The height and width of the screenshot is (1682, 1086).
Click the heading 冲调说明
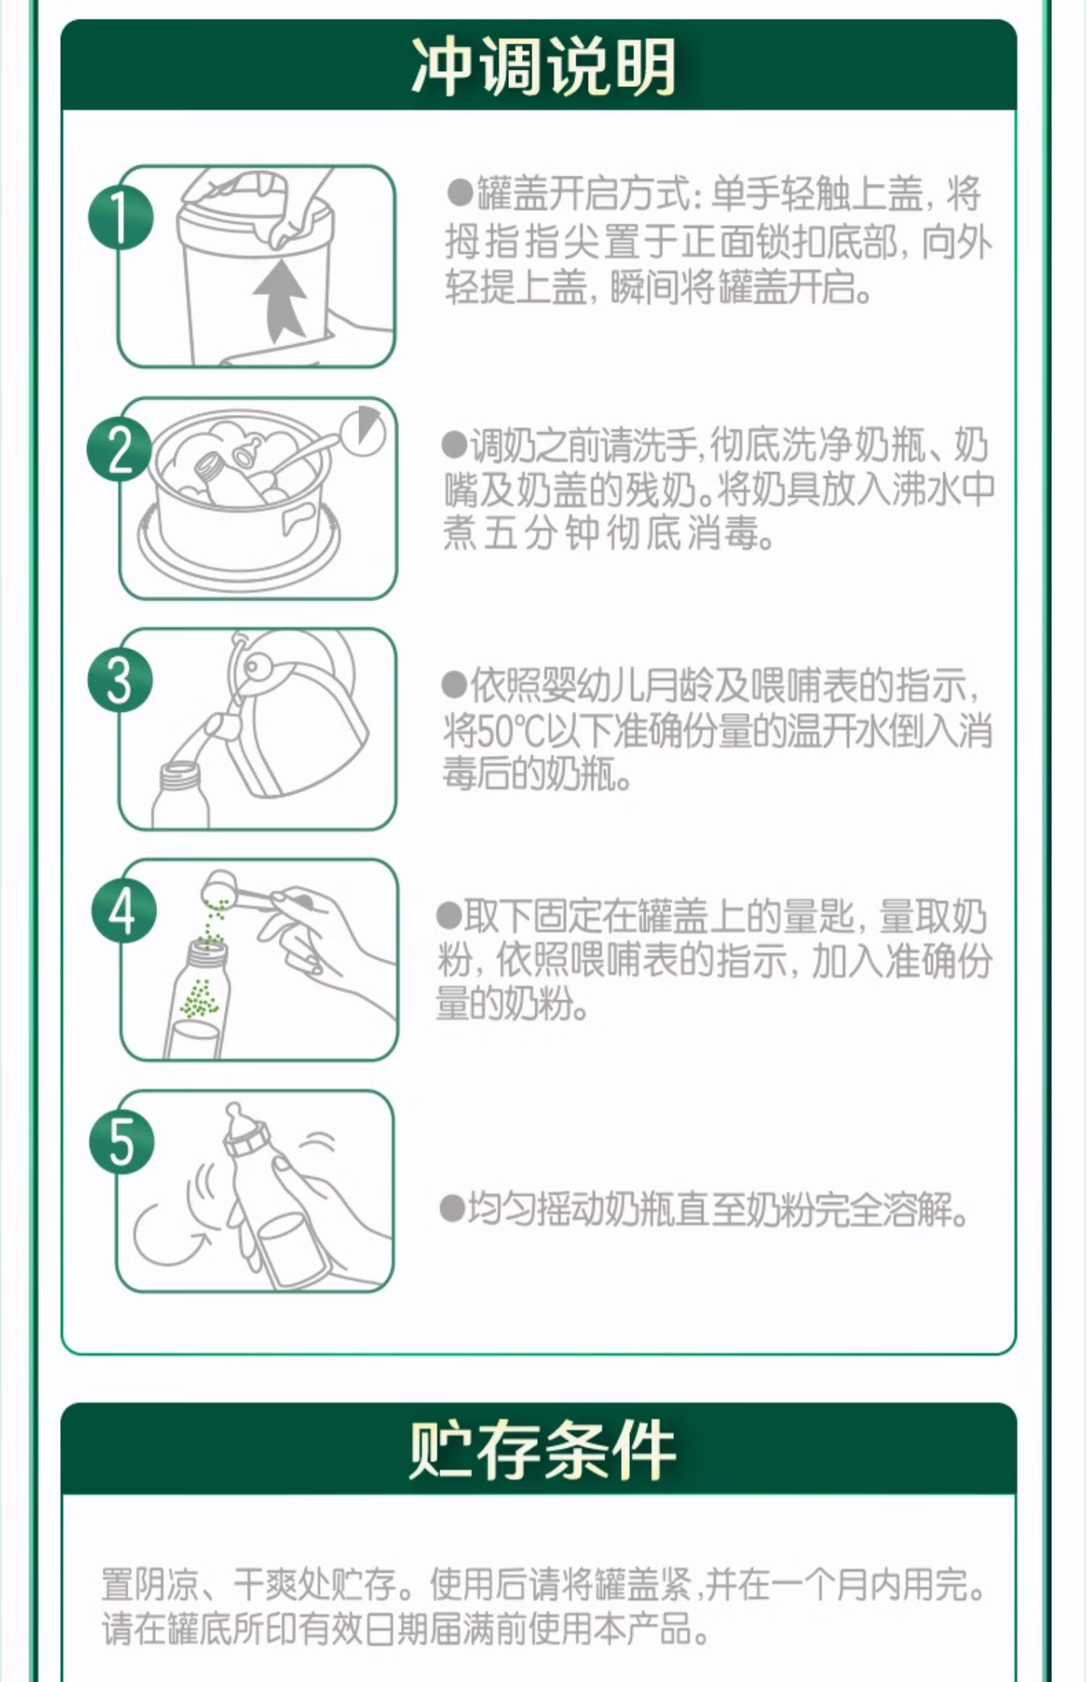[x=543, y=67]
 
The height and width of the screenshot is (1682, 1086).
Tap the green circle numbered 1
[x=121, y=218]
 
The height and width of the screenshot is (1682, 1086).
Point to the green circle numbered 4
[x=124, y=911]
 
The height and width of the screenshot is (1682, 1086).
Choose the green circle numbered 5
[x=122, y=1142]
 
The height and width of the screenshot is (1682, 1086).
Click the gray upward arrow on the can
[x=280, y=301]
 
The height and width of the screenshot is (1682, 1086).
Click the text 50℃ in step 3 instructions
[x=508, y=732]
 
